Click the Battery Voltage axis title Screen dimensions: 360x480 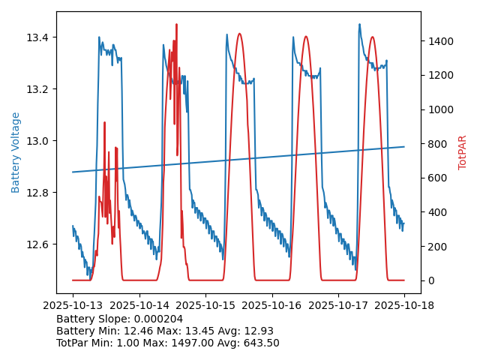click(x=16, y=152)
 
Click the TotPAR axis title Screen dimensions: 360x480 click(x=463, y=152)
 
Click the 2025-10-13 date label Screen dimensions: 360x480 click(x=73, y=305)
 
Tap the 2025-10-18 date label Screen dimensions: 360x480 click(x=404, y=305)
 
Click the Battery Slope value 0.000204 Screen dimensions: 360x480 click(x=162, y=319)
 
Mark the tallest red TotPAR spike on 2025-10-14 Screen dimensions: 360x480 click(x=176, y=25)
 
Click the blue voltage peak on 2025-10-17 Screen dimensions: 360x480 click(x=359, y=25)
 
